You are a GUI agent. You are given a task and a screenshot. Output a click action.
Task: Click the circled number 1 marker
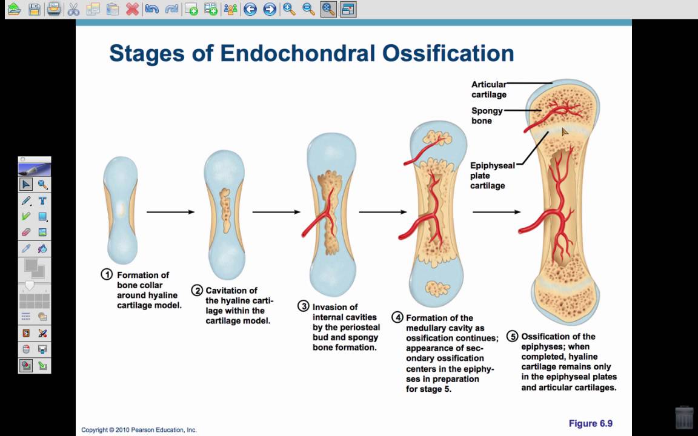(x=107, y=274)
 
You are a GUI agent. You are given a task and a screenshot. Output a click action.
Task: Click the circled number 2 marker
(x=197, y=291)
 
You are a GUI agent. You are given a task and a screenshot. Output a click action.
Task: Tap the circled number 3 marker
(x=303, y=306)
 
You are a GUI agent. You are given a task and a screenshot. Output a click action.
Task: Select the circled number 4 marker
(x=397, y=317)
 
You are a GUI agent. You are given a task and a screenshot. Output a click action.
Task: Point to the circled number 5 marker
(x=513, y=336)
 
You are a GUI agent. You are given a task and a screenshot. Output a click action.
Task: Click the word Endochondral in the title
(x=298, y=53)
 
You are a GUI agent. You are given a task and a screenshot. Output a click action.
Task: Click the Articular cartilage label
(x=489, y=90)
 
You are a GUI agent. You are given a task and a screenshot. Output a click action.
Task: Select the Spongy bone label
(x=487, y=116)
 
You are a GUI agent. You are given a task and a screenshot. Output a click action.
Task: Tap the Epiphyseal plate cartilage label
(x=493, y=175)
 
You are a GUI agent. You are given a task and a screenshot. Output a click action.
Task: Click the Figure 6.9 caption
(x=591, y=423)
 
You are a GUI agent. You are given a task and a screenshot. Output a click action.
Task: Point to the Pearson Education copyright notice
(x=139, y=430)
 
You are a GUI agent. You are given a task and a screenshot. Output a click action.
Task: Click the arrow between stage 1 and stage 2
(x=170, y=212)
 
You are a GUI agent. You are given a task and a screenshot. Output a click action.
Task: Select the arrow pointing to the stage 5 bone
(x=496, y=212)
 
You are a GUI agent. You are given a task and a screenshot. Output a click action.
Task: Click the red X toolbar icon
(x=132, y=9)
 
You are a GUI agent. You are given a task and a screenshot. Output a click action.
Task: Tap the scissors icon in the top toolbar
(x=73, y=9)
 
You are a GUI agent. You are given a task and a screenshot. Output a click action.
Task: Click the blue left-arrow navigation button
(x=250, y=9)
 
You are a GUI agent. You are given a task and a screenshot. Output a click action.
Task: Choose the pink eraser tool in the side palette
(x=26, y=233)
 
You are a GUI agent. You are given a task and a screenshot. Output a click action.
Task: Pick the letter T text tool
(x=42, y=200)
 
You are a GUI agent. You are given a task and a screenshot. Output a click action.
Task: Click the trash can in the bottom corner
(x=684, y=417)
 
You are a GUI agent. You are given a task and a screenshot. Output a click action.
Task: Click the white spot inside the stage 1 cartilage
(x=120, y=208)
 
